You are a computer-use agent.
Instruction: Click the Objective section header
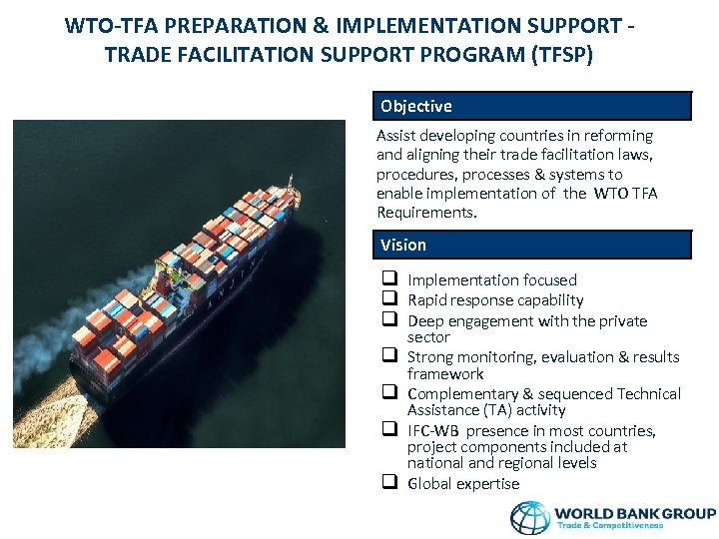coord(416,106)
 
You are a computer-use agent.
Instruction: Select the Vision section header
coord(403,245)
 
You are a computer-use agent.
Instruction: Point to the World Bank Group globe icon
coord(530,517)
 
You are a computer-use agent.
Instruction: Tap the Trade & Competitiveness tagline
coord(611,526)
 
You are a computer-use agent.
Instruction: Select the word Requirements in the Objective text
coord(426,213)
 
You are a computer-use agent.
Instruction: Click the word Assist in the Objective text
coord(395,135)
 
